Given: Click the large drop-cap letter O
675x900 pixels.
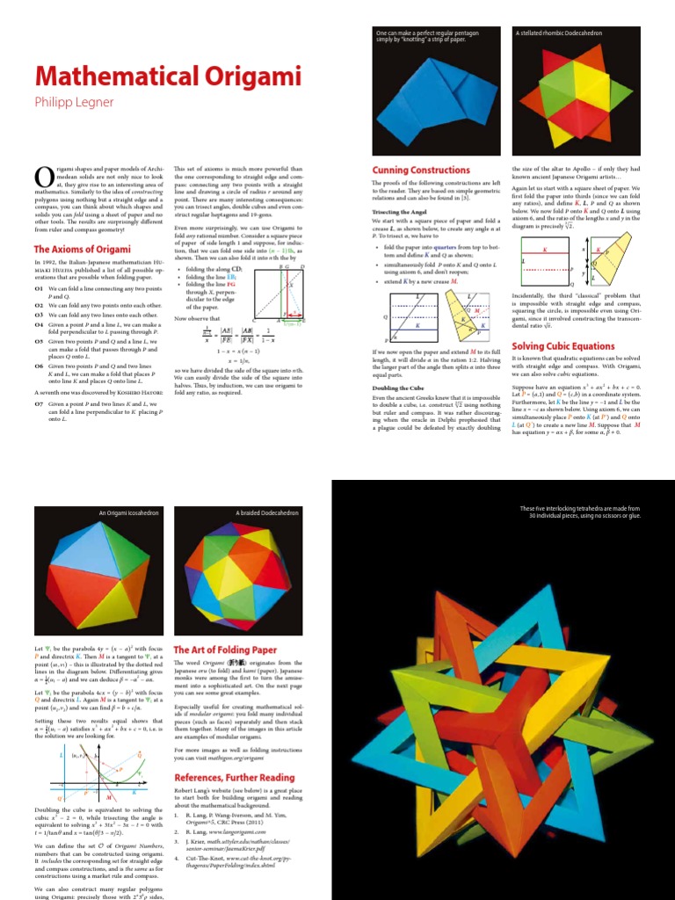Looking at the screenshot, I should [x=44, y=178].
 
